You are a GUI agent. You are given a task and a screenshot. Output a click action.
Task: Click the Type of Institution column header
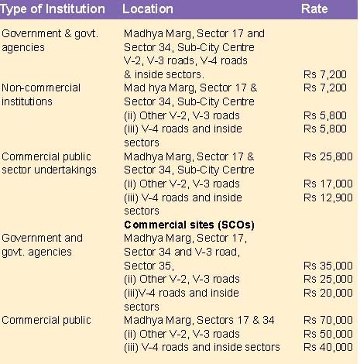[53, 9]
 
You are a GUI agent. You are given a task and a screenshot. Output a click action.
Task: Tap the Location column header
[148, 9]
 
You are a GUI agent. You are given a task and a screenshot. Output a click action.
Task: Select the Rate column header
[314, 9]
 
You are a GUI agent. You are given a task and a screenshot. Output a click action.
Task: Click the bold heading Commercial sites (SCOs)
[189, 225]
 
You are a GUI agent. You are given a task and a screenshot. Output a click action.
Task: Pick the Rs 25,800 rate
[328, 156]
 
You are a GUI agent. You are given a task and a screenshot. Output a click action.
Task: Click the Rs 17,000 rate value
[328, 184]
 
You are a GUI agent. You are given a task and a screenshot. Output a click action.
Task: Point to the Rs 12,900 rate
[328, 197]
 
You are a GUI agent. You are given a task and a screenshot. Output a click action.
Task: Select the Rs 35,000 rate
[328, 266]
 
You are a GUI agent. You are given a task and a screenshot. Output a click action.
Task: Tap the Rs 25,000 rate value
[328, 279]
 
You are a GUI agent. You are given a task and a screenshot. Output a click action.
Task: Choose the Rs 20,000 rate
[328, 293]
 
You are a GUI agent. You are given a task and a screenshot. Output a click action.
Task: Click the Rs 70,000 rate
[328, 320]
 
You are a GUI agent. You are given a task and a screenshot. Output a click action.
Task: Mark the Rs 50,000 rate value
[328, 334]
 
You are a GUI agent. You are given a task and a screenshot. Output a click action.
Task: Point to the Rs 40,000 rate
[328, 347]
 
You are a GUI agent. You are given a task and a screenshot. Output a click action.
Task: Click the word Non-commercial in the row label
[41, 88]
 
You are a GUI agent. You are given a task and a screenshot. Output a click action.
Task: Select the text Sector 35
[148, 266]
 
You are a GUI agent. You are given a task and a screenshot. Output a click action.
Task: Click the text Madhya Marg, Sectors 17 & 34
[199, 321]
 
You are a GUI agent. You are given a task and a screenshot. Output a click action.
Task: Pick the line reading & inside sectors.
[164, 74]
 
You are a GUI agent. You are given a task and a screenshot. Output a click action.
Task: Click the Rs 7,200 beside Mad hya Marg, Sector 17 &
[325, 88]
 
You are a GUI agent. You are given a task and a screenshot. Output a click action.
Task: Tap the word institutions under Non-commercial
[27, 101]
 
